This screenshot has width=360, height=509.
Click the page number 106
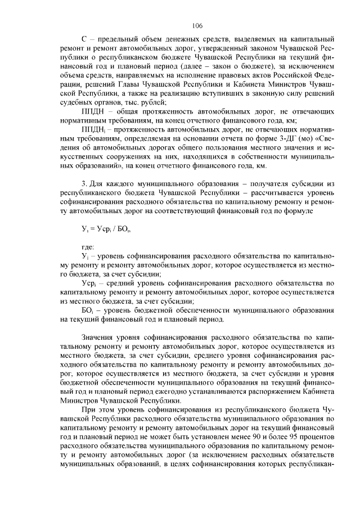(196, 25)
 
